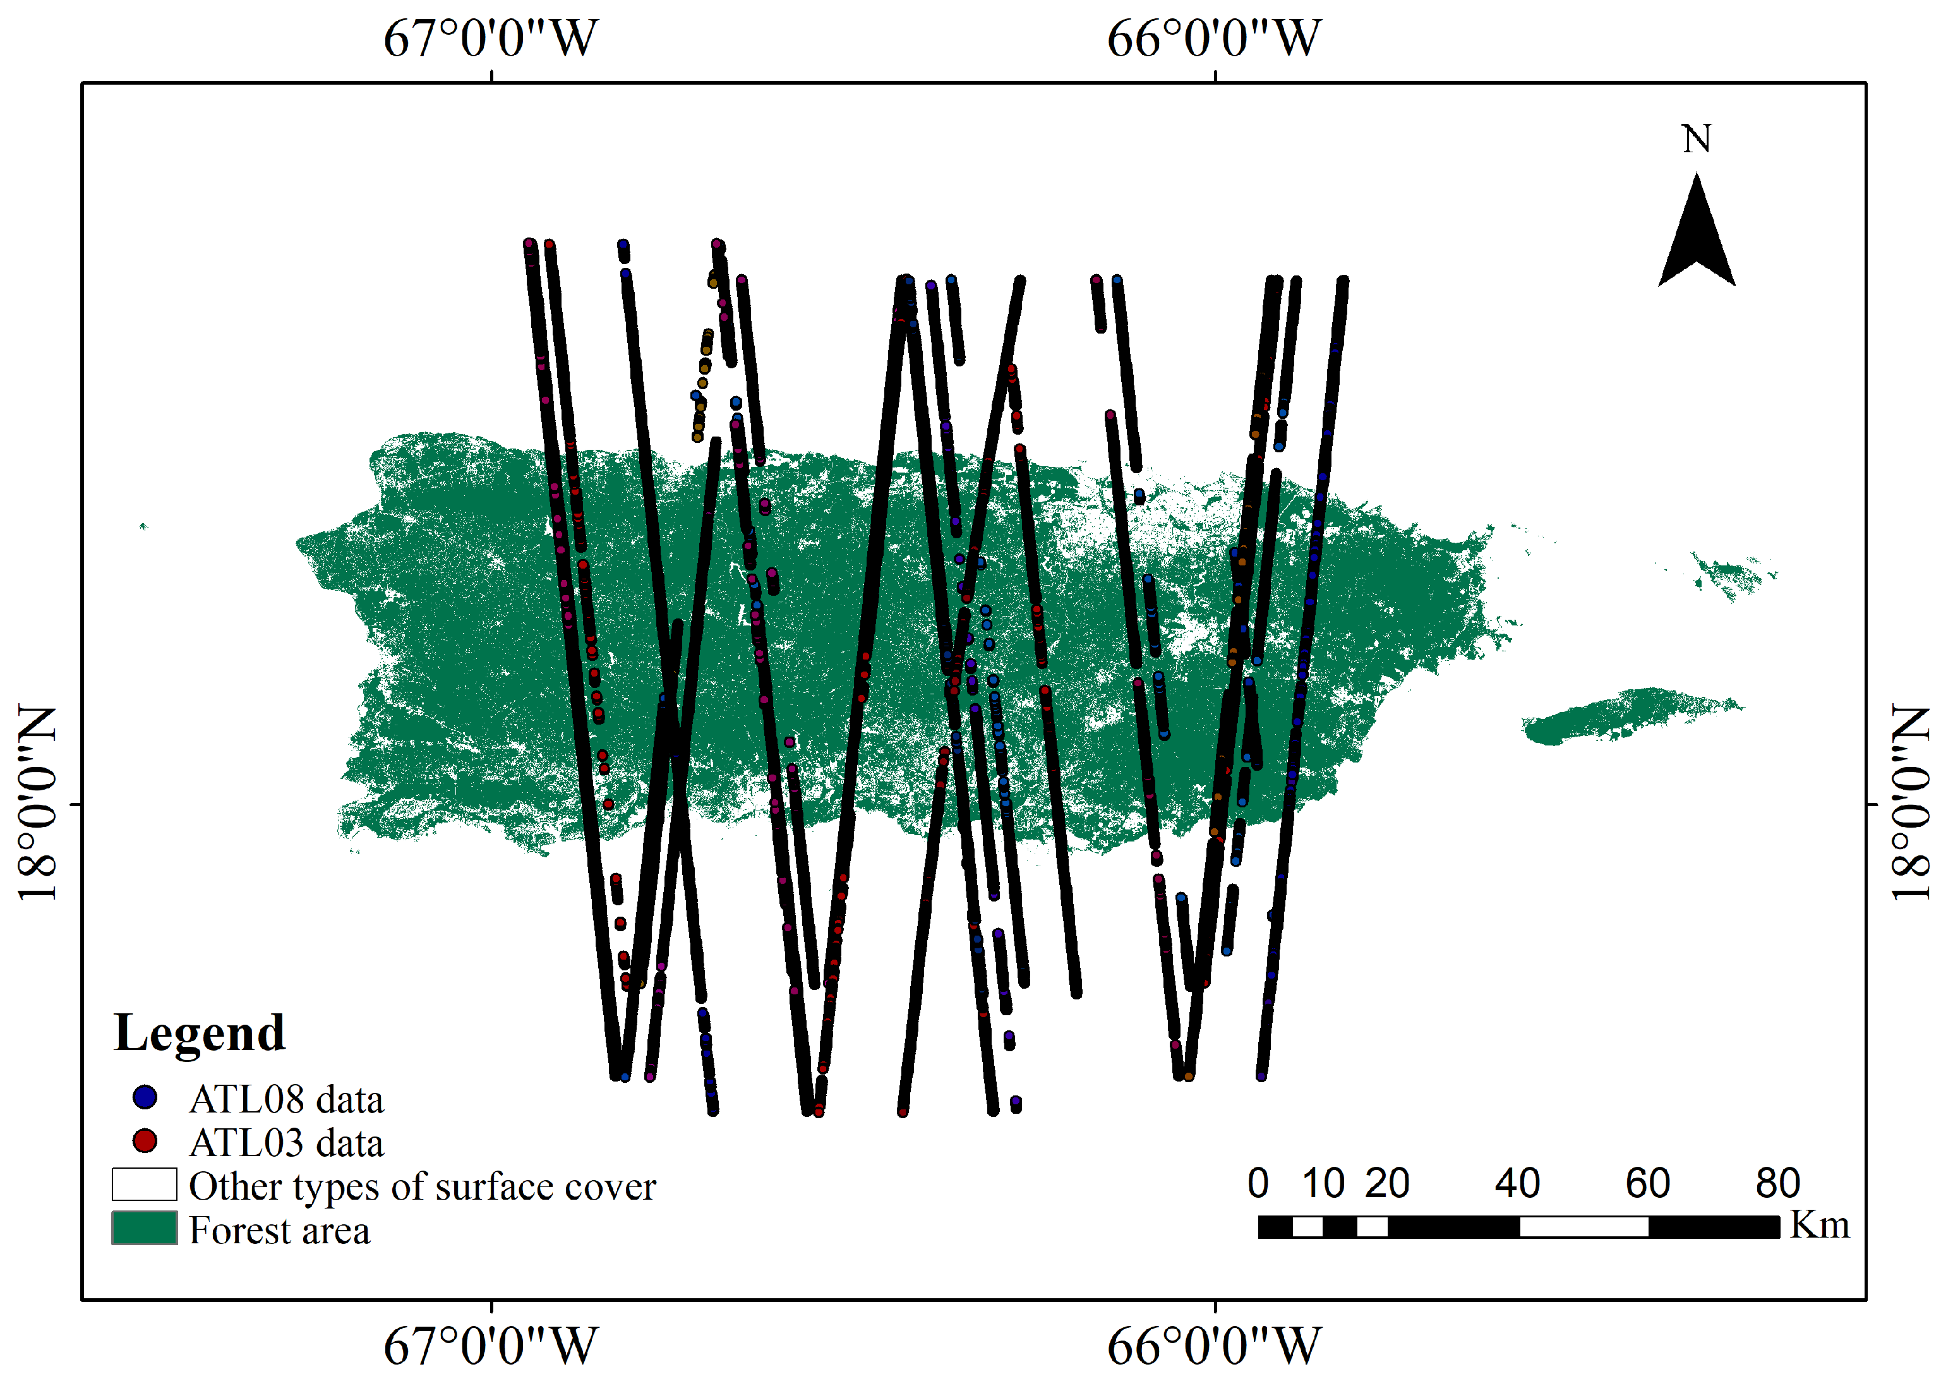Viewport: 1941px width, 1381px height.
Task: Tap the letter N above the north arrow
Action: [x=1696, y=138]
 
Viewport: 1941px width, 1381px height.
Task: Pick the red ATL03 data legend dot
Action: [x=145, y=1141]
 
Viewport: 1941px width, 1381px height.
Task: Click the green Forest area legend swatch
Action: [x=145, y=1228]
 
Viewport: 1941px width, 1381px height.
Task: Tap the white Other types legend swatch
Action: [x=145, y=1184]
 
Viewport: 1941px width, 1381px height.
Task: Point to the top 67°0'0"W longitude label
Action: [x=491, y=39]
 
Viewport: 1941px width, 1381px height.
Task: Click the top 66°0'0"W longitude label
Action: [x=1214, y=39]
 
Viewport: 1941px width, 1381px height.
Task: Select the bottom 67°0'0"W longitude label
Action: [x=491, y=1346]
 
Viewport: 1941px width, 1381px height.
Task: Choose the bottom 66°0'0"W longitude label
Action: [x=1214, y=1346]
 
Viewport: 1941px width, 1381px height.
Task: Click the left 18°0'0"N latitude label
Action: [x=39, y=803]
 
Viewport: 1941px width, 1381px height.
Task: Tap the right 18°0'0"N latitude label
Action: [x=1909, y=803]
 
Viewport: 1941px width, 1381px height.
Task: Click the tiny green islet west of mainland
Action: [x=143, y=526]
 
